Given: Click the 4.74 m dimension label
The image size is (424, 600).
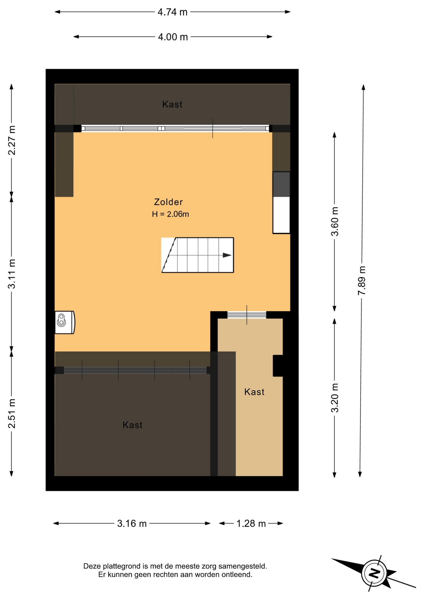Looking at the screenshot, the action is coord(172,12).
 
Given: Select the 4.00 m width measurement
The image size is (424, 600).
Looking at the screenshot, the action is coord(173,37).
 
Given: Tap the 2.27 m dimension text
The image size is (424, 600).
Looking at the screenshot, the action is coord(12,140).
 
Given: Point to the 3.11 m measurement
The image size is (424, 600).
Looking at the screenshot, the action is coord(12,274).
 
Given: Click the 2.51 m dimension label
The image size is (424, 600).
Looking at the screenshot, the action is coord(12,413).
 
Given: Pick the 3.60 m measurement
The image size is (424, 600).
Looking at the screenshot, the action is coord(335,222).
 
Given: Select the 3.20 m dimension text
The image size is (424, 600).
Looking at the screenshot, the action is coord(335,398).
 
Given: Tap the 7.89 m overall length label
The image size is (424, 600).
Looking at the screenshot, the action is coord(362,281).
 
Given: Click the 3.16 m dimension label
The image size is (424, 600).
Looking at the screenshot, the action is coord(132,523).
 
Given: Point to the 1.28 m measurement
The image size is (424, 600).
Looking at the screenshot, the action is coord(251,523).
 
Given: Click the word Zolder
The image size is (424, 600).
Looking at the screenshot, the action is coord(168,202).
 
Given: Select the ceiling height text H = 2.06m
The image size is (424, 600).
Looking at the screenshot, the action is coord(170,214).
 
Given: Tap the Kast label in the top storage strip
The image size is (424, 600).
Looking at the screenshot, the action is coord(172,104).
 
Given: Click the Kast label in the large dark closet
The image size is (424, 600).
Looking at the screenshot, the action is coord(132,425).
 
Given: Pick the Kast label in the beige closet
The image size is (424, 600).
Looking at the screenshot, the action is coord(254,392).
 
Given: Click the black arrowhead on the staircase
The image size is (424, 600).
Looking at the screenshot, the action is coord(227,255).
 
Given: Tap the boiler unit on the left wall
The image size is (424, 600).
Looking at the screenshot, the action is coord(65,322).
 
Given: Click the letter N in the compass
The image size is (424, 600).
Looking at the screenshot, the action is coord(374,573).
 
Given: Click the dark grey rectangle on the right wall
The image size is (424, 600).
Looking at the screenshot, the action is coord(281,184).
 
